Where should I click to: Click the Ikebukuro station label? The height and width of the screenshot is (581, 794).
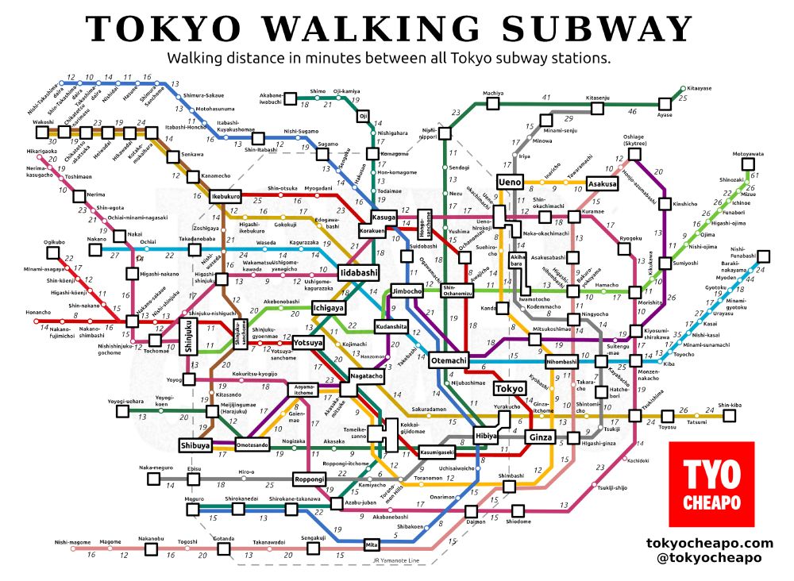(x=225, y=195)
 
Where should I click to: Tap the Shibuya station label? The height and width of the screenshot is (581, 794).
(x=195, y=445)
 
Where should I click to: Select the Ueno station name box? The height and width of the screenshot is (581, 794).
(x=508, y=182)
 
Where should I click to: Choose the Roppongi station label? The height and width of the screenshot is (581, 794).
(x=310, y=479)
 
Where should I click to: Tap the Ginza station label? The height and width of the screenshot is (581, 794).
(x=540, y=437)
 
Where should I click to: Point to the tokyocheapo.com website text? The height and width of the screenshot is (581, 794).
(x=710, y=543)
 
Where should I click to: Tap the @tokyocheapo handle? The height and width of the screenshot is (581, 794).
(x=710, y=557)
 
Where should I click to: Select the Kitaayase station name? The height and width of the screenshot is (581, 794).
(x=699, y=88)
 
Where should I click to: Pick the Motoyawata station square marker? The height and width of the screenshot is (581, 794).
(x=746, y=164)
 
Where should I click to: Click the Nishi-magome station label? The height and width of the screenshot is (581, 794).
(x=73, y=542)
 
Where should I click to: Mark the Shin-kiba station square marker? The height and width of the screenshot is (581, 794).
(x=730, y=414)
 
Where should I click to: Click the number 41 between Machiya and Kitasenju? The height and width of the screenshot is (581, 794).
(x=545, y=97)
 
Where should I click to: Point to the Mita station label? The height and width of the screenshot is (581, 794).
(x=371, y=544)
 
